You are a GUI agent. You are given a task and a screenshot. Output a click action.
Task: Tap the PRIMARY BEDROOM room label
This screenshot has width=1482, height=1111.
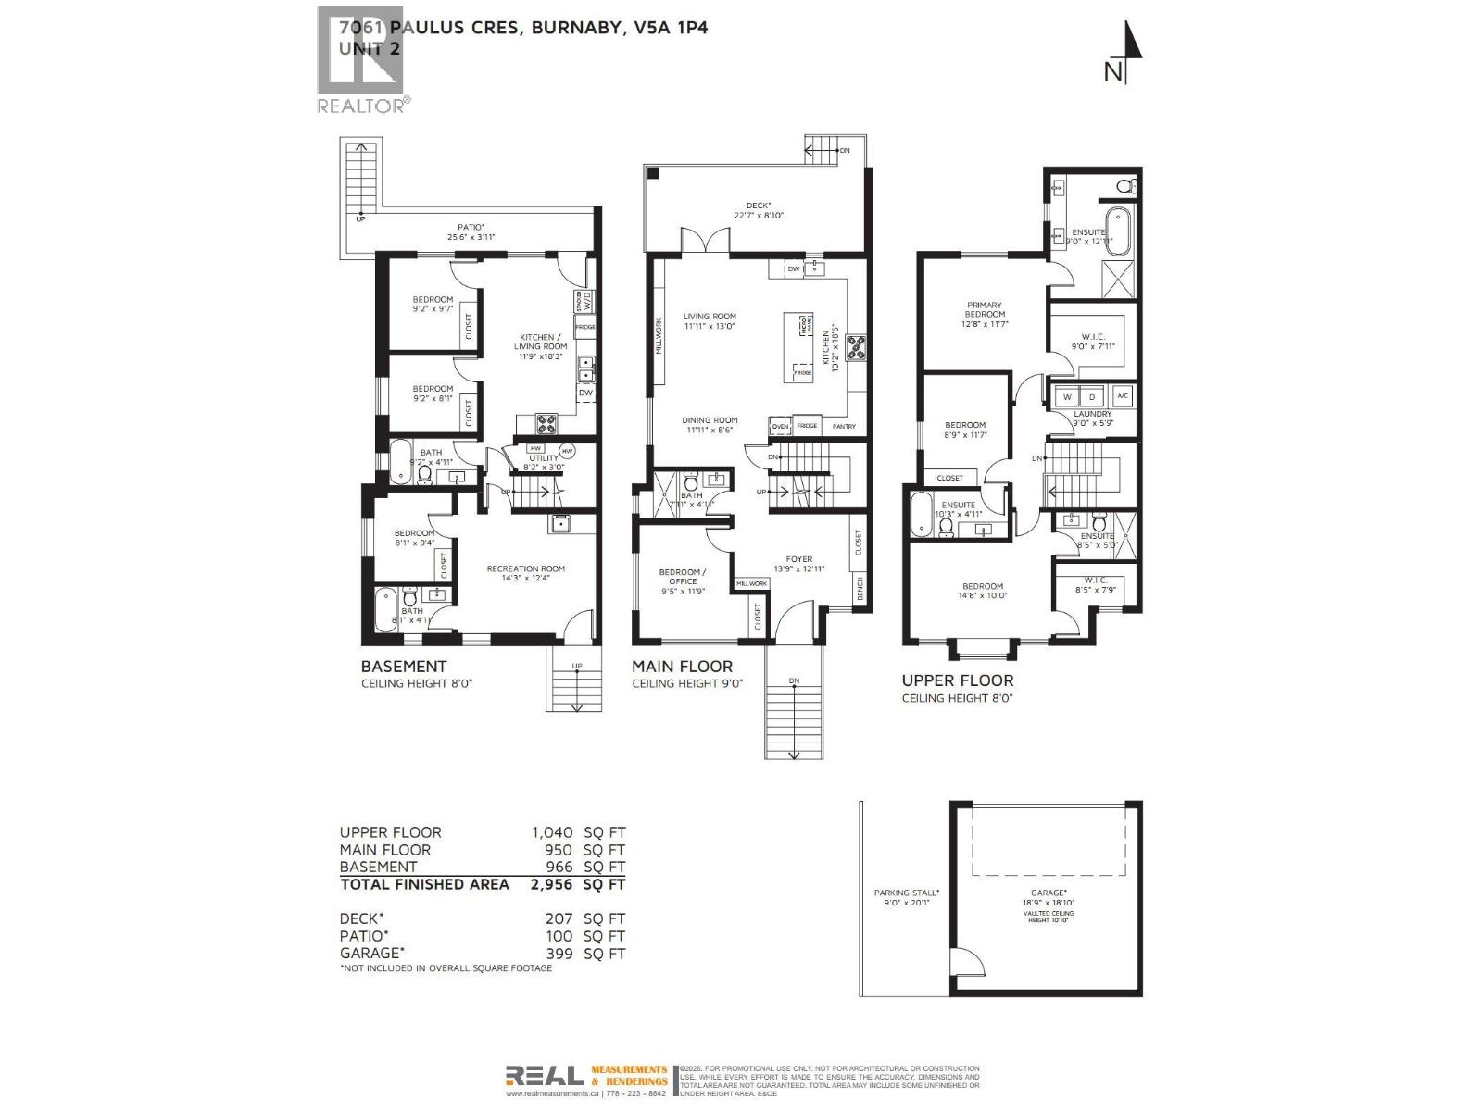pos(984,310)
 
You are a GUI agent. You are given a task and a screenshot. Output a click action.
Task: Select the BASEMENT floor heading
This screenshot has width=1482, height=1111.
pos(403,667)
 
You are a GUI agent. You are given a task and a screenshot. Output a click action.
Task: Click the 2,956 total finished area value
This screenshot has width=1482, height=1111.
pos(551,884)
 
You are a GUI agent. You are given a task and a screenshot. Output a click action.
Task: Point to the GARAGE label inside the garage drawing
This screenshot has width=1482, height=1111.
pos(1048,893)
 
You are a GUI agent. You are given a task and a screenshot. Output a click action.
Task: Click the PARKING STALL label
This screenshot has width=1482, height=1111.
pos(906,893)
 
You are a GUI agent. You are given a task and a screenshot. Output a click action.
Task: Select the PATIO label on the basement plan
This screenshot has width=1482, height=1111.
pos(471,227)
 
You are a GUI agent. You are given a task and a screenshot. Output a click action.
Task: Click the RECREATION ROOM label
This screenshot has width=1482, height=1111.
pos(525,569)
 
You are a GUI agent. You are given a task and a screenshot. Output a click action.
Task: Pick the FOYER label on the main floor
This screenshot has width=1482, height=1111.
pos(798,559)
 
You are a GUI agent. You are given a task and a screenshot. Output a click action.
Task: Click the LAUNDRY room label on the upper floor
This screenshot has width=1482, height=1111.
pos(1092,414)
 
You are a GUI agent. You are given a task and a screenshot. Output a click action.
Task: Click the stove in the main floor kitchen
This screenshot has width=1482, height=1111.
pos(855,346)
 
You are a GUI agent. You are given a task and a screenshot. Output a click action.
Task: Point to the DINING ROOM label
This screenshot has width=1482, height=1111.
pos(711,420)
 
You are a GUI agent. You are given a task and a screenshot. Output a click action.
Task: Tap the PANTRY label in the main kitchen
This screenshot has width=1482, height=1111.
pos(843,427)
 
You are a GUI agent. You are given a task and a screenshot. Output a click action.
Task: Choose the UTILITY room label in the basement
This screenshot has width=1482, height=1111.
pos(544,458)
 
